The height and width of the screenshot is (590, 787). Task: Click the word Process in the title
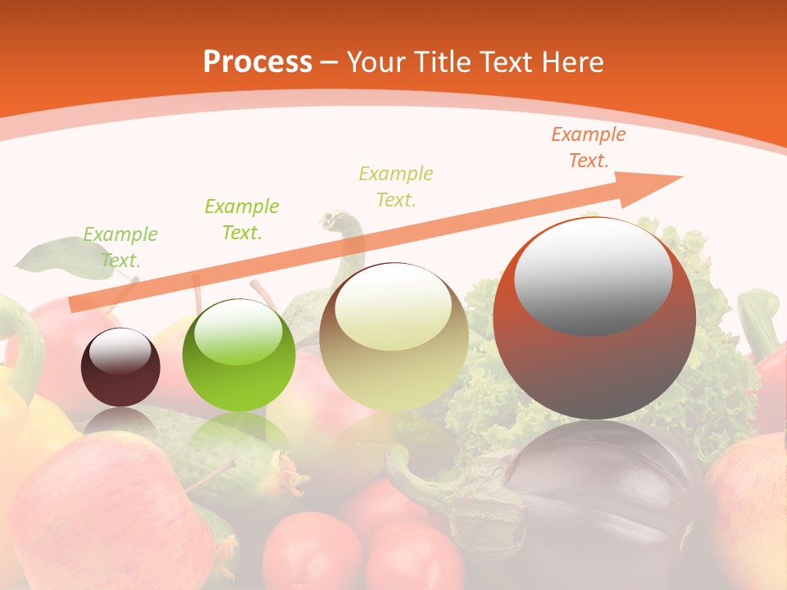click(257, 61)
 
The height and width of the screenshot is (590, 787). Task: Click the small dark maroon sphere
click(121, 367)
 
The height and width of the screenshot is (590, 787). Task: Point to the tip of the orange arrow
click(681, 177)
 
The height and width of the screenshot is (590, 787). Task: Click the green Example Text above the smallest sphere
click(121, 247)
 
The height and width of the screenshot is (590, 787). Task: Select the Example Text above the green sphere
click(242, 219)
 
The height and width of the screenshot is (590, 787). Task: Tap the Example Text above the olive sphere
click(396, 186)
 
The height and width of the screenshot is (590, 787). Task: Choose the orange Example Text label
click(589, 147)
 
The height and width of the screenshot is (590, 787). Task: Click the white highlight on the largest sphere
click(593, 276)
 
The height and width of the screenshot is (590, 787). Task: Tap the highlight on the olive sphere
click(393, 306)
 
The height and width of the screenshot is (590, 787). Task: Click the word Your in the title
click(375, 61)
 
